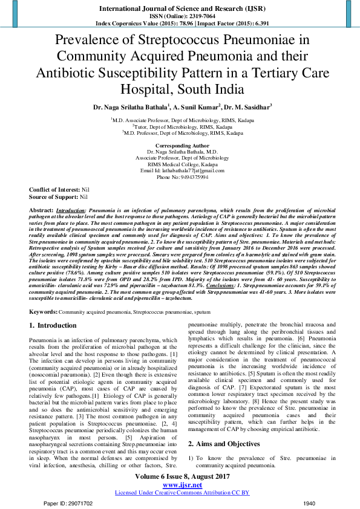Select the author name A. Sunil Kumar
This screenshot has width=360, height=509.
click(195, 107)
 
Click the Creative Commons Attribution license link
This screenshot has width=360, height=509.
click(182, 492)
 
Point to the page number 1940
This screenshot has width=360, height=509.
click(309, 502)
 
